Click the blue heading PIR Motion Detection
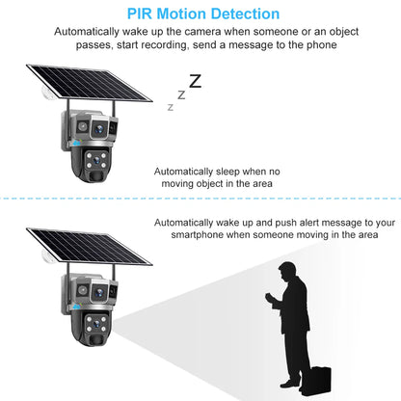click(x=200, y=14)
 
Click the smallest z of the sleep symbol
click(x=171, y=107)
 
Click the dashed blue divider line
click(x=200, y=200)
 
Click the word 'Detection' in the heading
click(x=240, y=14)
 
